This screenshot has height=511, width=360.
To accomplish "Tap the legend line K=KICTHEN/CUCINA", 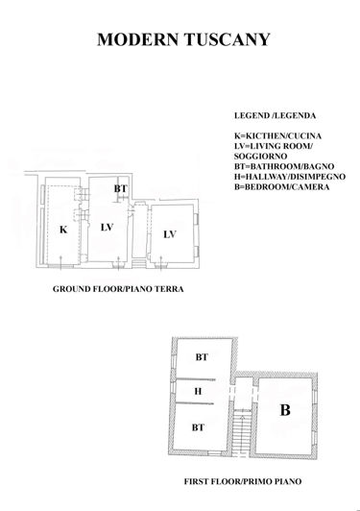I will (277, 138).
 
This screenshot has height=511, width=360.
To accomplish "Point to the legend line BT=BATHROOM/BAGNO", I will (285, 167).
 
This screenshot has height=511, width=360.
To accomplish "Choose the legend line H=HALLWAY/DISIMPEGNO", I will (290, 177).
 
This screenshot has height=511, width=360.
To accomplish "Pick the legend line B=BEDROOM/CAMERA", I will (281, 186).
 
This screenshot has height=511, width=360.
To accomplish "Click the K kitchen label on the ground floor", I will (62, 231).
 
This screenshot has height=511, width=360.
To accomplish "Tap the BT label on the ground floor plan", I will (120, 189).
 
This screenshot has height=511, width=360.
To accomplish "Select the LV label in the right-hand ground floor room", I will (170, 233).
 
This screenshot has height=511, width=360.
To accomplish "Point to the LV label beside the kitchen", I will (107, 228).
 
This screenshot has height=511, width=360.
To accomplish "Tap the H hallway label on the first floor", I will (198, 391).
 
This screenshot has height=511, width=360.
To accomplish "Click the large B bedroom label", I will (284, 410).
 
